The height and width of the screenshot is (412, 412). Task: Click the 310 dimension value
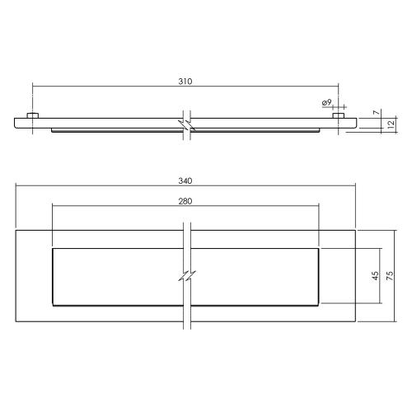[x=185, y=82]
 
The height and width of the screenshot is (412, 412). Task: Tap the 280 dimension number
[x=185, y=201]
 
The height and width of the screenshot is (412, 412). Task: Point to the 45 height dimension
[x=376, y=276]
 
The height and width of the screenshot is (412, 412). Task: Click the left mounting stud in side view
[x=32, y=115]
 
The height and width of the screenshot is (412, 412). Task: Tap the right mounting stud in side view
[x=338, y=115]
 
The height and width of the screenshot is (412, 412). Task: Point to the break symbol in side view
[x=186, y=124]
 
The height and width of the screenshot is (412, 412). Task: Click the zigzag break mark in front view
[x=186, y=276]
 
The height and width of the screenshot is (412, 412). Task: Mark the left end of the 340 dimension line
[x=15, y=186]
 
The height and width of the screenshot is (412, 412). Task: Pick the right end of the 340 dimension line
[x=356, y=186]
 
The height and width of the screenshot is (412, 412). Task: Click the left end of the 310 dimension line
[x=32, y=87]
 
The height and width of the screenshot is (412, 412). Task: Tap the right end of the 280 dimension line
[x=318, y=207]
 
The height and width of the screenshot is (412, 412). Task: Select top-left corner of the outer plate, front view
[x=15, y=229]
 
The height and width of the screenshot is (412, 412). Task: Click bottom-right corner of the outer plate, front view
[x=356, y=322]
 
